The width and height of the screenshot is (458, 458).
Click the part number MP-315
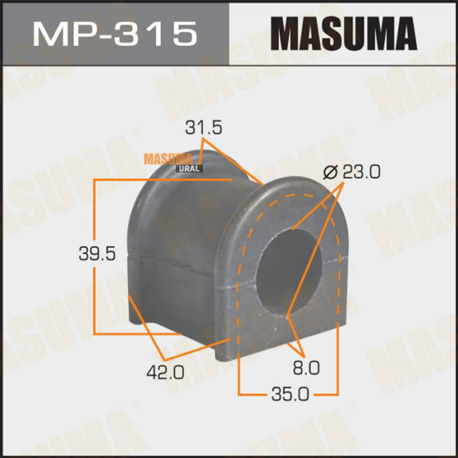pyautogui.click(x=115, y=34)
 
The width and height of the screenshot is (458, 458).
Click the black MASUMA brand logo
pyautogui.click(x=343, y=34)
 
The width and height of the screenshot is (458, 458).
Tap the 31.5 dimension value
pyautogui.click(x=204, y=128)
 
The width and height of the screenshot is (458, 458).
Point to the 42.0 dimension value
pyautogui.click(x=165, y=372)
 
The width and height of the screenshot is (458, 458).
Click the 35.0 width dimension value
pyautogui.click(x=290, y=395)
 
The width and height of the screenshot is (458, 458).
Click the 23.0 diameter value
pyautogui.click(x=362, y=172)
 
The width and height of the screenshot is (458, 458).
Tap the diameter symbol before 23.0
pyautogui.click(x=331, y=172)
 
